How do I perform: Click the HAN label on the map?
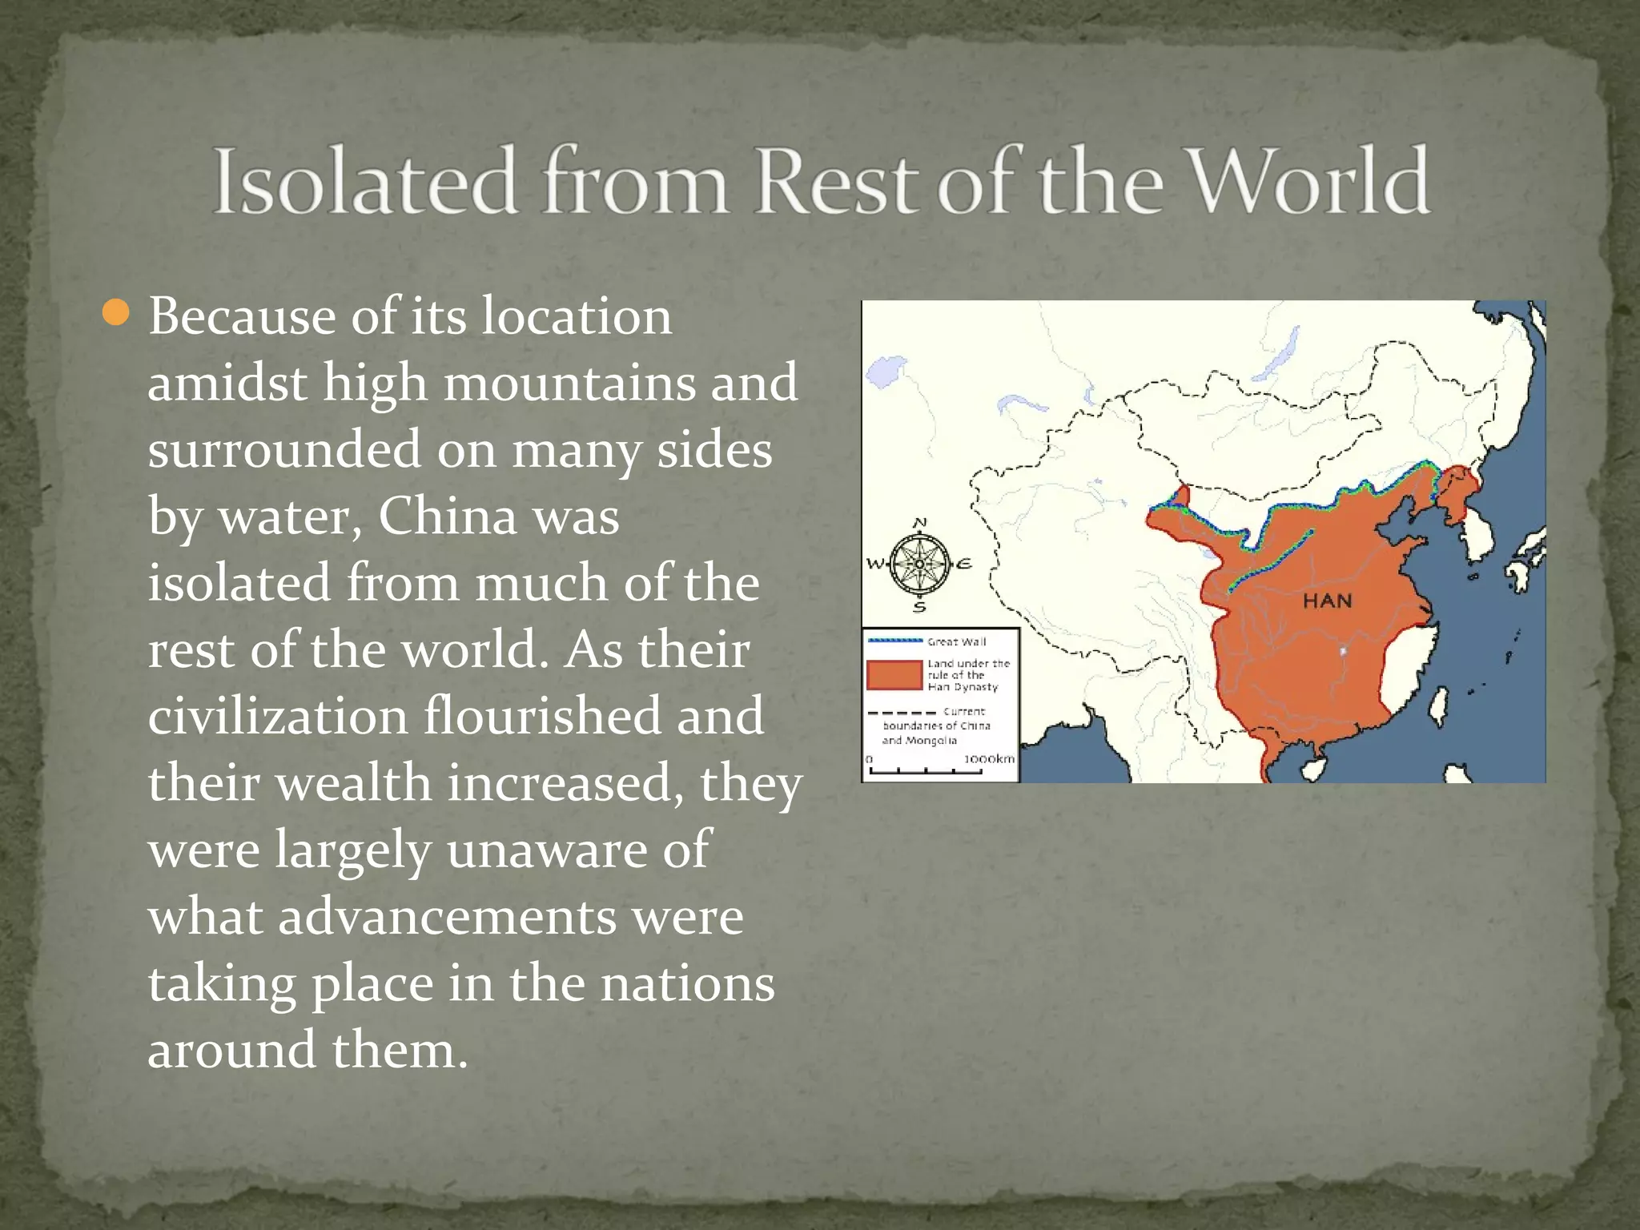(1327, 601)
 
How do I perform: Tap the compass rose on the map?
(919, 564)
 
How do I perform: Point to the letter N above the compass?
(920, 523)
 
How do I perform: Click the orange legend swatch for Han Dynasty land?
(894, 675)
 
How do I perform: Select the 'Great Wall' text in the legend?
(956, 641)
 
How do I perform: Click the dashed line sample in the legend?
(902, 712)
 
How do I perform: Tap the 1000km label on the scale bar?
(989, 758)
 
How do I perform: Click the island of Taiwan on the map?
(1439, 707)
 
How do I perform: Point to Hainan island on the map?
(1312, 770)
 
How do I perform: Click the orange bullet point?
(116, 313)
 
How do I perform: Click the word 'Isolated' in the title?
(364, 181)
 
